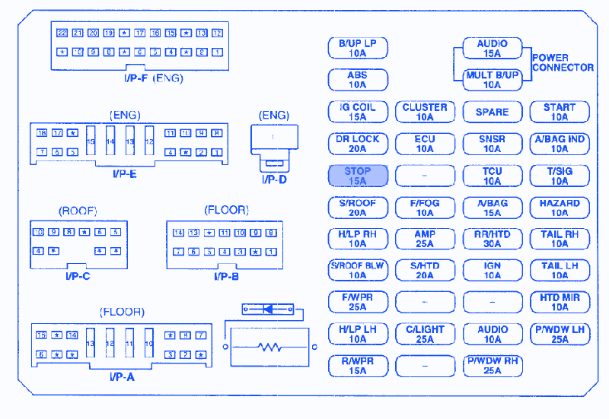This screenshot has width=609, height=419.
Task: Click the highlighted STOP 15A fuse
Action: click(358, 176)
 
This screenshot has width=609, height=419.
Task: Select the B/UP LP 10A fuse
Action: click(358, 49)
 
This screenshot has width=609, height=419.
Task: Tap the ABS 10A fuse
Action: click(358, 80)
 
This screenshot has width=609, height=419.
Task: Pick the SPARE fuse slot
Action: click(492, 112)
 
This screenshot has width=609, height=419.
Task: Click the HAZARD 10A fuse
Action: click(560, 208)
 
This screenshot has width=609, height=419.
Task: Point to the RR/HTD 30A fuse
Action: click(492, 240)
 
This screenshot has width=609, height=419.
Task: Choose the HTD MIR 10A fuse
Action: click(560, 303)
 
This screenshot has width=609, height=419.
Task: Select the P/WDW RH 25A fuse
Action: click(492, 366)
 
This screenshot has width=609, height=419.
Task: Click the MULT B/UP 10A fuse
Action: click(492, 80)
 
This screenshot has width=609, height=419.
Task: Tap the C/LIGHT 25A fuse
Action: click(425, 335)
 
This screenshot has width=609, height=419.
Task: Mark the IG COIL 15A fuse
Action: click(358, 112)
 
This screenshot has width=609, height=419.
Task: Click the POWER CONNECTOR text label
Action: click(563, 62)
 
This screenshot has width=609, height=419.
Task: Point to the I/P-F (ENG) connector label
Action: click(154, 78)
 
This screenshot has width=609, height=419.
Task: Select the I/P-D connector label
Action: click(274, 179)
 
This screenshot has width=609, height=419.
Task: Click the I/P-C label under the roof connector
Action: click(78, 276)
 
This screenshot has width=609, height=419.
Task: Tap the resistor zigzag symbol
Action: click(270, 348)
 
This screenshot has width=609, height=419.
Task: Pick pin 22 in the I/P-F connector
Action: click(62, 33)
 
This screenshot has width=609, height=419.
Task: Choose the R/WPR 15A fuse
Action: click(358, 366)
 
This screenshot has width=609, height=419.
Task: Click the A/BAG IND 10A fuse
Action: click(560, 144)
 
